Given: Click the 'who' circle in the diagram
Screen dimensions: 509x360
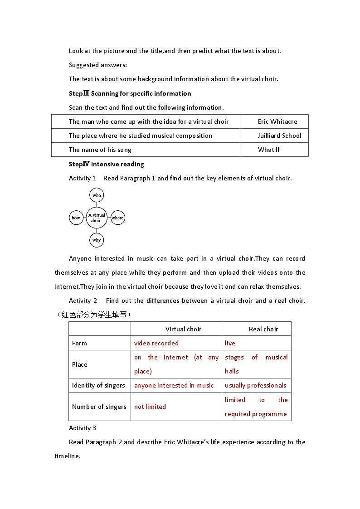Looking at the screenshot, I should [x=97, y=195].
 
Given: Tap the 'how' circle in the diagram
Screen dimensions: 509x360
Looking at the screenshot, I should [x=76, y=218].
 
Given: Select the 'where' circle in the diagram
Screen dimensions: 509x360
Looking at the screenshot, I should [x=117, y=218].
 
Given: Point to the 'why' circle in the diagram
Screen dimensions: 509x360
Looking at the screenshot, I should [x=97, y=240].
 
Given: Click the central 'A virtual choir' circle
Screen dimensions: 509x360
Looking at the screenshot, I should [x=96, y=218].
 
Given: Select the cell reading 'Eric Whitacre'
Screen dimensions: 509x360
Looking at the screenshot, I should [x=277, y=121].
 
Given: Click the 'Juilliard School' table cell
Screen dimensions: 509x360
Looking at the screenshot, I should [x=279, y=136].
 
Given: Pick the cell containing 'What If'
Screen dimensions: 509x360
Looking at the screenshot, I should [x=269, y=150].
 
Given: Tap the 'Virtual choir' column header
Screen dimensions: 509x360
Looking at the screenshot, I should [x=183, y=329].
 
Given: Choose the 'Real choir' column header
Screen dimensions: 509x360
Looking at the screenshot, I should [x=263, y=329].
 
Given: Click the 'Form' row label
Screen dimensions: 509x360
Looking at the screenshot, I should [x=79, y=343].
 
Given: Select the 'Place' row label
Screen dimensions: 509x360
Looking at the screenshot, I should [x=79, y=364].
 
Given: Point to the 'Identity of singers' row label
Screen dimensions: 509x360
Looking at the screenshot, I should [x=98, y=385].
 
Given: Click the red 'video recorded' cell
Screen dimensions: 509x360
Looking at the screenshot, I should [x=156, y=343].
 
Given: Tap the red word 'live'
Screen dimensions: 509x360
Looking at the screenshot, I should [x=230, y=343].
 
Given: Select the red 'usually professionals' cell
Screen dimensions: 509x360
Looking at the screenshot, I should [x=256, y=385].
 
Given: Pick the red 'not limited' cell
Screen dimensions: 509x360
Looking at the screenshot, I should [x=150, y=407].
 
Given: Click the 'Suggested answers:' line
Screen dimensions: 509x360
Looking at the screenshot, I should [x=98, y=65].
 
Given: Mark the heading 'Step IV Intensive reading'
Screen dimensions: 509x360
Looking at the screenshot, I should [x=107, y=164].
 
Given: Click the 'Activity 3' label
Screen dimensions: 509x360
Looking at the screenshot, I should [x=83, y=428].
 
